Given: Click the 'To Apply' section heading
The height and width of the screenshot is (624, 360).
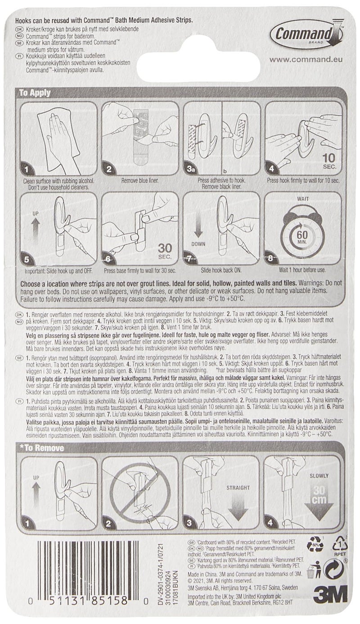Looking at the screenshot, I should coord(34,94).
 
